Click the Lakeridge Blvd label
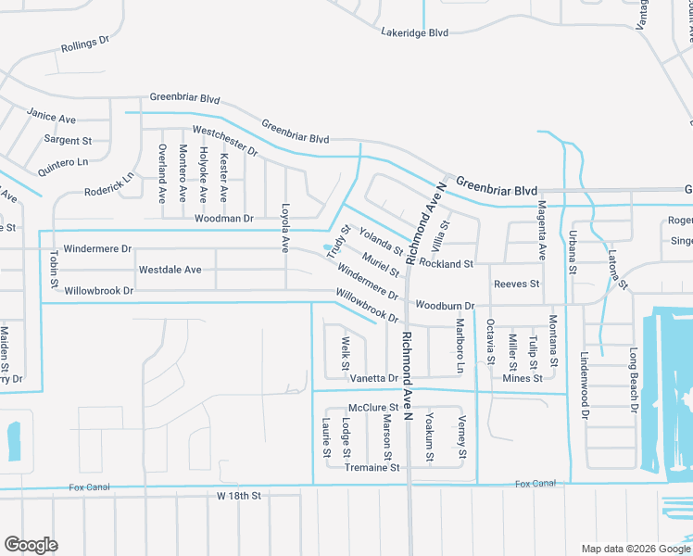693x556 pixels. [x=414, y=32]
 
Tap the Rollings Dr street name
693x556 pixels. [x=85, y=44]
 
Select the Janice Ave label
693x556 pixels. [x=51, y=119]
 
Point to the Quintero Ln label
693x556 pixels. [x=63, y=161]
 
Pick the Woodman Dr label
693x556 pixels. [x=224, y=219]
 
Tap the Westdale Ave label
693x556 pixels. [x=170, y=270]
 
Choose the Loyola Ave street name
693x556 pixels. [x=285, y=228]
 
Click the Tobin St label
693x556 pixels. [x=54, y=269]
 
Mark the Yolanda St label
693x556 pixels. [x=381, y=243]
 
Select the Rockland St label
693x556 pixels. [x=446, y=264]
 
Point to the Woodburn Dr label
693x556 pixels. [x=445, y=305]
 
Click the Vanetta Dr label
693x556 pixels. [x=373, y=378]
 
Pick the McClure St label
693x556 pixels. [x=372, y=408]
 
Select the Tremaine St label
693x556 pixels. [x=372, y=468]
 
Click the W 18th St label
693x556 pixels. [x=239, y=497]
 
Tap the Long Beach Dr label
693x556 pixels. [x=634, y=380]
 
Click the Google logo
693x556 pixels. [x=31, y=545]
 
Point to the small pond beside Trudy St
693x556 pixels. [x=326, y=247]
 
